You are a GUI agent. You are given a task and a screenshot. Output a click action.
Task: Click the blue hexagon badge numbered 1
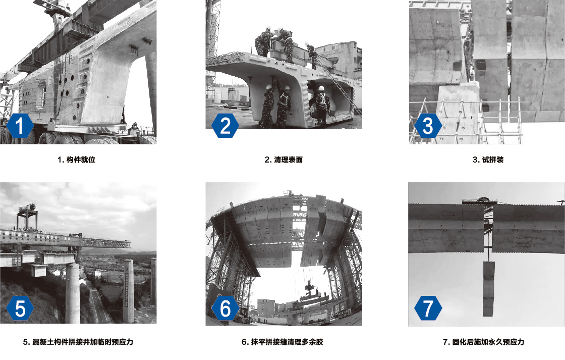pos(20,126)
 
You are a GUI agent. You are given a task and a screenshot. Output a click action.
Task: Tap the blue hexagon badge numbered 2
pos(225,126)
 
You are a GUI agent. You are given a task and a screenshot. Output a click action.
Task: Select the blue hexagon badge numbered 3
pos(428,126)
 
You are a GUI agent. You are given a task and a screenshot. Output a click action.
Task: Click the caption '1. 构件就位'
pos(76,160)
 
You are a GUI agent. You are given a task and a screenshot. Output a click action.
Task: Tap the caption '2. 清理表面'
pos(284,160)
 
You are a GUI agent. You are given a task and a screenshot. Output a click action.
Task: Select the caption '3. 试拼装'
pos(488,160)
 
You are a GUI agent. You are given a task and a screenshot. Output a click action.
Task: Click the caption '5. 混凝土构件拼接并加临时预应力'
pos(78,342)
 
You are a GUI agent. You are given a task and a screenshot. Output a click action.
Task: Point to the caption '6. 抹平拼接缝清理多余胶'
pos(282,342)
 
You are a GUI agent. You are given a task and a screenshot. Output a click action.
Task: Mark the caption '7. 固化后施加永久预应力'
pos(484,342)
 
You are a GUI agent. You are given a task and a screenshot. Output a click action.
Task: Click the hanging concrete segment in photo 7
pos(489,289)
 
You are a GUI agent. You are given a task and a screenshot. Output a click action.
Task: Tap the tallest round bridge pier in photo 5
pos(73,293)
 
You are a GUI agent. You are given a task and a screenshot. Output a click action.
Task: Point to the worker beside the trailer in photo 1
pos(134,129)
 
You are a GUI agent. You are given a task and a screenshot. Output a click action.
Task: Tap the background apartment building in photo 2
pos(341,57)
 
